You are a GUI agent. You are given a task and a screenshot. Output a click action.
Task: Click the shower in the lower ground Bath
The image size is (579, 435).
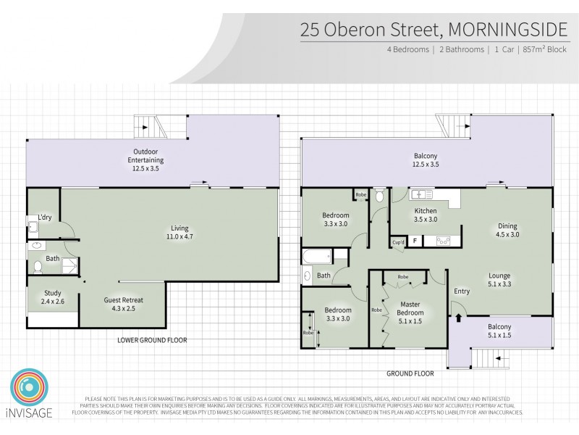click(68, 266)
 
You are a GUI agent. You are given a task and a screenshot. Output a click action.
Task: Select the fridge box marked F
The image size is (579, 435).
click(414, 241)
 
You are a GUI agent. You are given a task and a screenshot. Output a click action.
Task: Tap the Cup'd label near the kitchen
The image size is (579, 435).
click(397, 241)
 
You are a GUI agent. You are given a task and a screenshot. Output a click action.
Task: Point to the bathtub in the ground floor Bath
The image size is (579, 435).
click(316, 257)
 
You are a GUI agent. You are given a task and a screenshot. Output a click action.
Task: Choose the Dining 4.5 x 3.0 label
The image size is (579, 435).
click(506, 231)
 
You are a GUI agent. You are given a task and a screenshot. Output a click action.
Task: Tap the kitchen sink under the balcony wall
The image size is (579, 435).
click(420, 195)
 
